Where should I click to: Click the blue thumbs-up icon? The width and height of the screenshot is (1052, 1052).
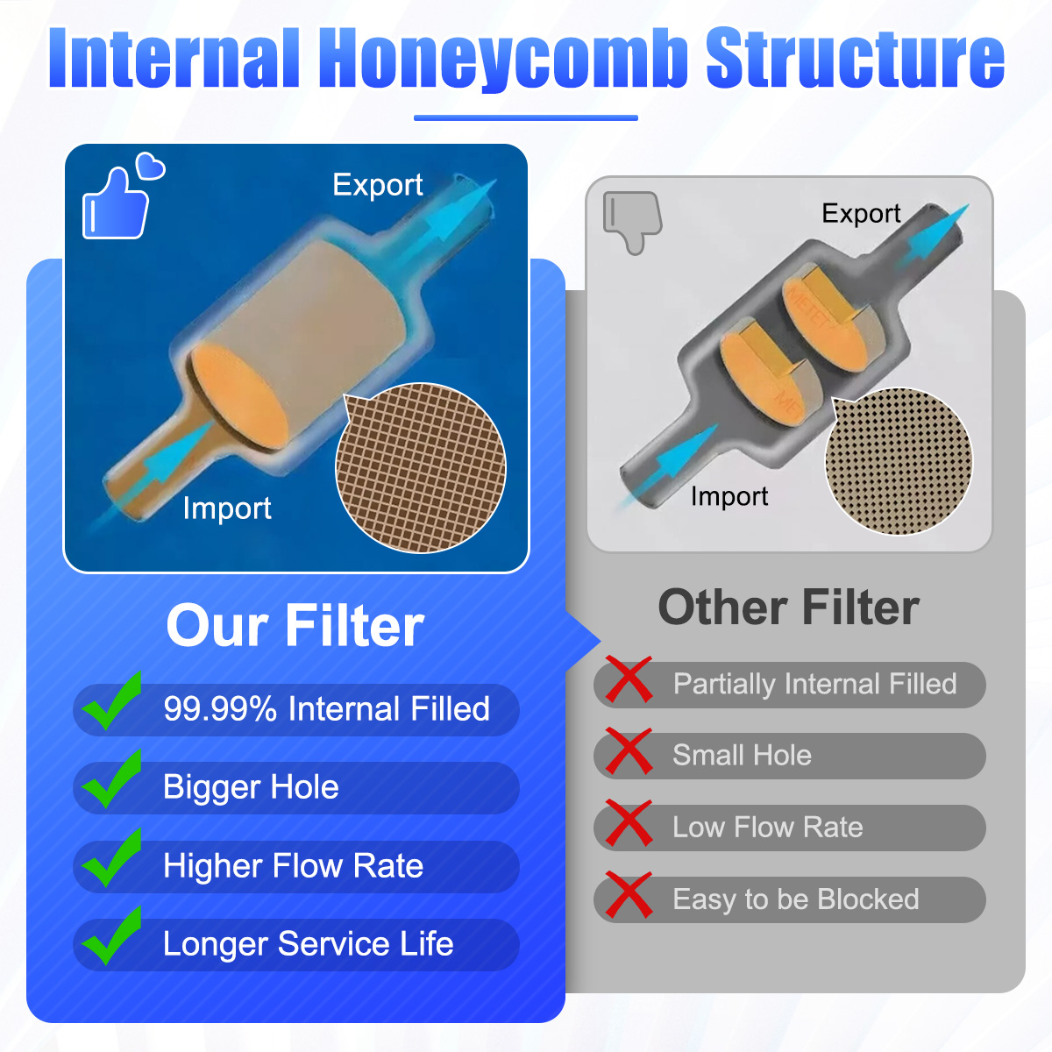tap(115, 204)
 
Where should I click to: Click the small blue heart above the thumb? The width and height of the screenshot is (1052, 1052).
tap(150, 166)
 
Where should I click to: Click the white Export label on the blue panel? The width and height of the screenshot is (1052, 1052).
tap(378, 186)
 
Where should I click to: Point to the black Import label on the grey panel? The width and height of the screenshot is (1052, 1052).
tap(729, 497)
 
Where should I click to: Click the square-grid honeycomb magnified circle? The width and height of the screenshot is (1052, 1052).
tap(421, 468)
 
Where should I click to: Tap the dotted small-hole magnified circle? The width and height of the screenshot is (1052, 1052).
tap(899, 461)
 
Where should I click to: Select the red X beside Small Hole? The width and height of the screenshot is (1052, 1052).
tap(629, 751)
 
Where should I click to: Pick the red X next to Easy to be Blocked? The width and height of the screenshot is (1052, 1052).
tap(629, 895)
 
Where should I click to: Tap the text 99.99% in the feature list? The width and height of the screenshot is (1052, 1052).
tap(220, 708)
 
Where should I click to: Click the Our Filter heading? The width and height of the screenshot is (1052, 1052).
tap(295, 626)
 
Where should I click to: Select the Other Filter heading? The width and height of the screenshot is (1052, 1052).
tap(789, 608)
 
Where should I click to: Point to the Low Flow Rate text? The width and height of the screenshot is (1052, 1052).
tap(768, 827)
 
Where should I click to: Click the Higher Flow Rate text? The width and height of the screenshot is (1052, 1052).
tap(293, 866)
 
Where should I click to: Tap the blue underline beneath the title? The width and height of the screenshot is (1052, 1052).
tap(526, 117)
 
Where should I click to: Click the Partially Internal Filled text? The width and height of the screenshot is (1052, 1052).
tap(814, 685)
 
